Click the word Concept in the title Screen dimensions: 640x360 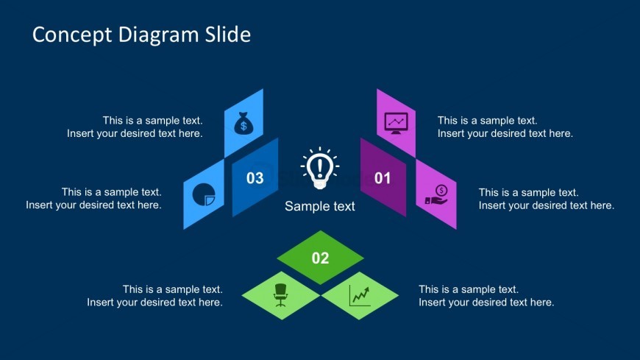tap(72, 35)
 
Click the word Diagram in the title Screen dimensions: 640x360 tap(158, 35)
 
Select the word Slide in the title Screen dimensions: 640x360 tap(228, 35)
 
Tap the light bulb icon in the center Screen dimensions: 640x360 tap(320, 168)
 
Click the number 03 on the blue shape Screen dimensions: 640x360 tap(255, 178)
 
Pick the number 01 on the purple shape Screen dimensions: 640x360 tap(383, 178)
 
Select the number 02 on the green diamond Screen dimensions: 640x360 tap(321, 258)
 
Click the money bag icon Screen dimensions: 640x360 tap(243, 123)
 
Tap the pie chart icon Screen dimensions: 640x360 tap(204, 194)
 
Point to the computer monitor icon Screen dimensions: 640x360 tap(396, 123)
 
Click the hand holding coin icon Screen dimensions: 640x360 tap(436, 195)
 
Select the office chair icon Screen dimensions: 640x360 tap(280, 295)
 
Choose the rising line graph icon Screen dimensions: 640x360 tap(360, 295)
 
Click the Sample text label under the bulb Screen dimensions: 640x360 tap(319, 206)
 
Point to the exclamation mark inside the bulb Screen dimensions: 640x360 tap(320, 168)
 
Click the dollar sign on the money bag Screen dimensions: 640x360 tap(243, 126)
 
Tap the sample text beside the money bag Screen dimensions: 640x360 tap(135, 127)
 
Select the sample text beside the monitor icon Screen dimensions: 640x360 tap(505, 127)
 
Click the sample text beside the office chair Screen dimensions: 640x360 tap(154, 296)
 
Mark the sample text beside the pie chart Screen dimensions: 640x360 tap(94, 199)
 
